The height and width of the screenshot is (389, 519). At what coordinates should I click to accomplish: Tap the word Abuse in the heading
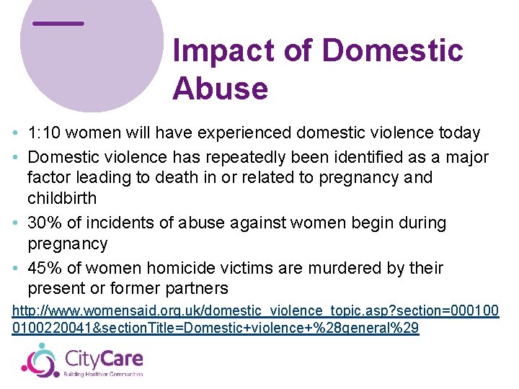(220, 89)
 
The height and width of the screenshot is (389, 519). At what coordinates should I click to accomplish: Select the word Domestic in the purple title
(392, 50)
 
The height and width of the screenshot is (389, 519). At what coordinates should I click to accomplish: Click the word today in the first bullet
(460, 133)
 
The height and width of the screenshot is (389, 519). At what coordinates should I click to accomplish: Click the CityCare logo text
(104, 358)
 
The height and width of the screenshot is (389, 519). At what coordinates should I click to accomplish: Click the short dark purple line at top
(58, 23)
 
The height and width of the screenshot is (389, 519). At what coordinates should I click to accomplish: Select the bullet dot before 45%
(16, 269)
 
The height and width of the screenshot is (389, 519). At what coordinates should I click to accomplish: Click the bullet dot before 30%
(16, 224)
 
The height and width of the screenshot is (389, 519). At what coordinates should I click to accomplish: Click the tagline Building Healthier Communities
(104, 374)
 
